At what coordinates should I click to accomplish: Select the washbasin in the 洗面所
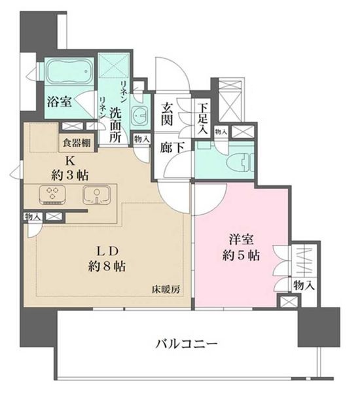point(139,117)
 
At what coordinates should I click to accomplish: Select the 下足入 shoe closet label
point(203,116)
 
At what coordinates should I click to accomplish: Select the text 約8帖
point(109,266)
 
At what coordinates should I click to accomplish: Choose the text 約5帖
point(241,256)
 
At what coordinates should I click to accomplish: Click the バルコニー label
point(187,343)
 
